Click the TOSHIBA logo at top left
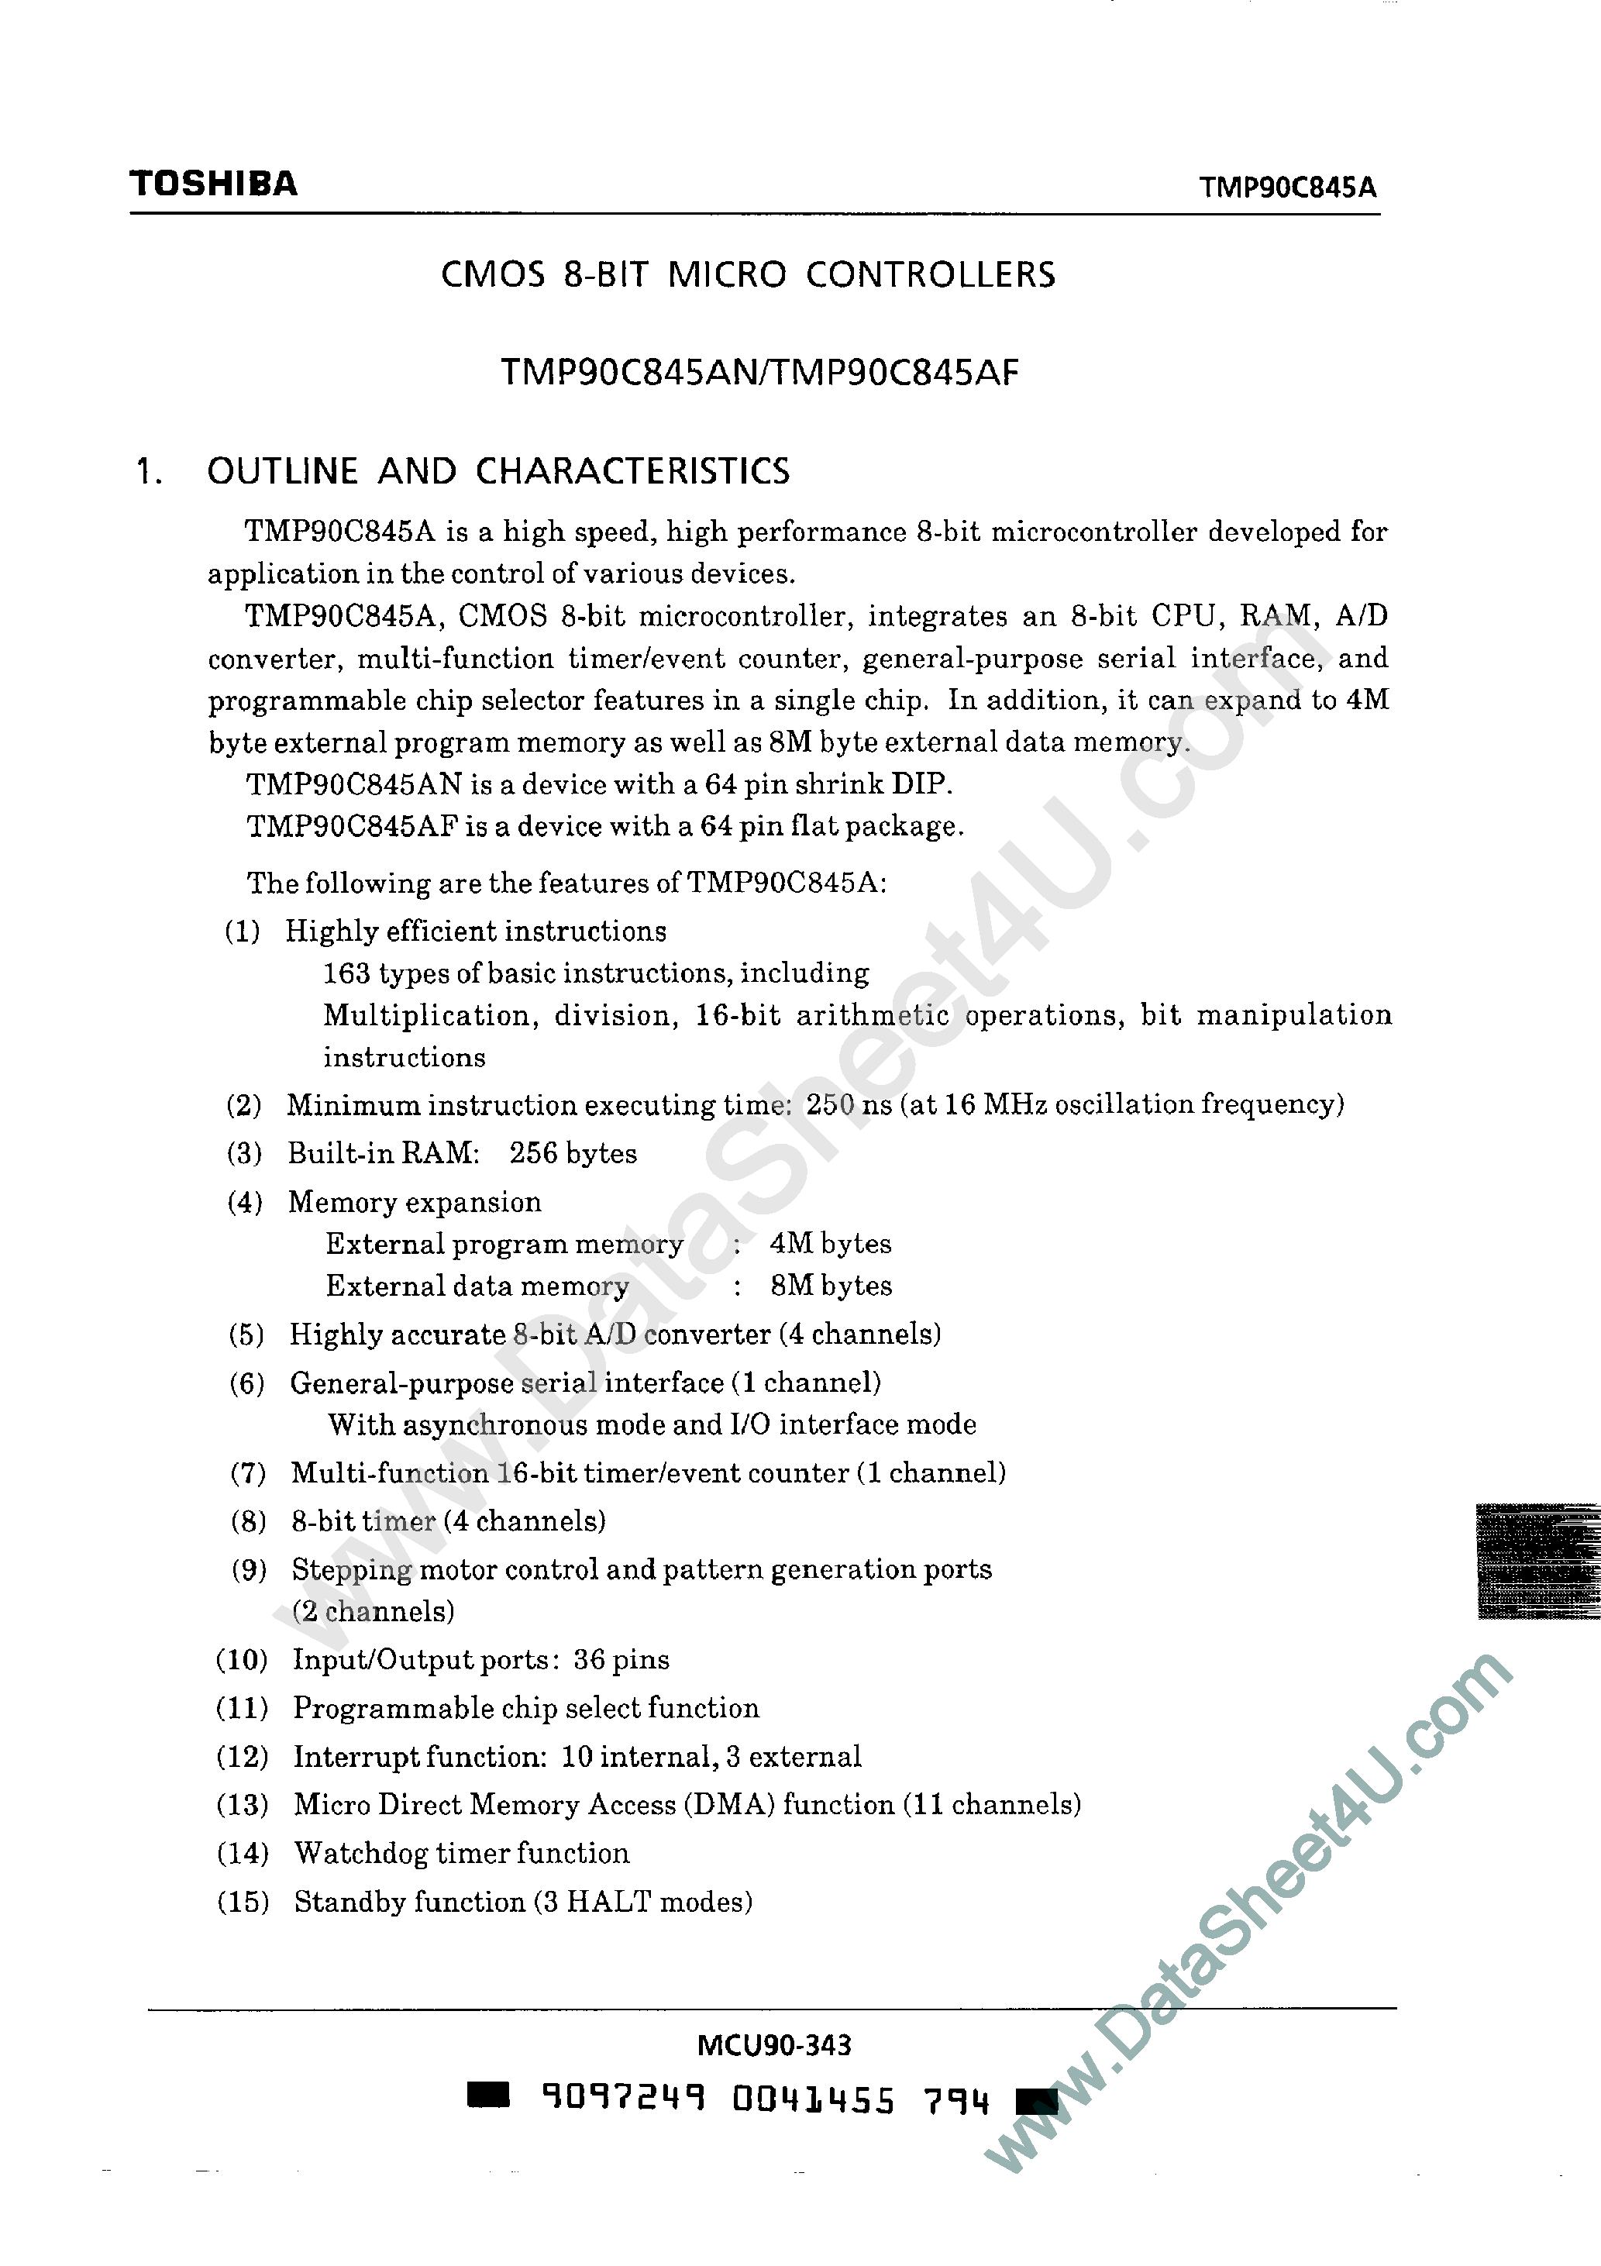[213, 184]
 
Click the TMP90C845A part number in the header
[1287, 188]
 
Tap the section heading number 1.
[148, 472]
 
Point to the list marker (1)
[243, 931]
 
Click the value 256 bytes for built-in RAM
[573, 1152]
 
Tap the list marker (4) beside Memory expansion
[245, 1202]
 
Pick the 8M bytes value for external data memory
[831, 1285]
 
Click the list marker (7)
[248, 1473]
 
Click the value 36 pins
[621, 1659]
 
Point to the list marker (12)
[242, 1757]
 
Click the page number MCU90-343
[774, 2045]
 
